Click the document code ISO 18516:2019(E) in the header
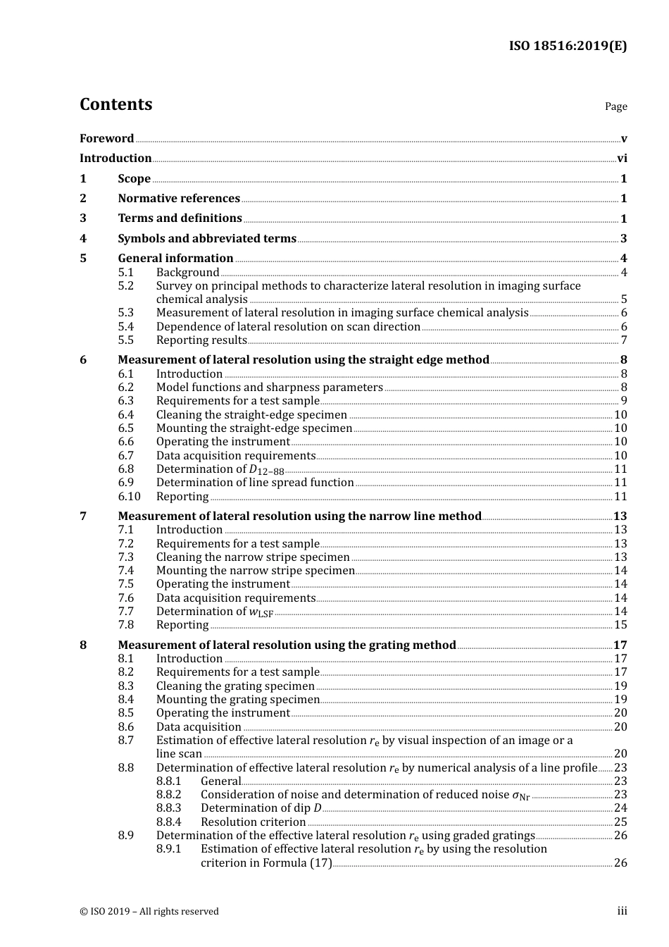click(x=568, y=46)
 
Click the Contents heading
click(x=115, y=104)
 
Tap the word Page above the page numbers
click(x=615, y=106)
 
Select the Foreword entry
click(x=106, y=139)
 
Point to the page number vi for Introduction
click(x=622, y=159)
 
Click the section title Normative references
click(x=179, y=199)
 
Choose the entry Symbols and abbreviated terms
click(x=207, y=239)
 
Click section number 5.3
click(x=126, y=313)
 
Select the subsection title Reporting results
click(x=201, y=340)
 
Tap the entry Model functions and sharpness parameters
click(x=270, y=388)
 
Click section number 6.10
click(x=129, y=497)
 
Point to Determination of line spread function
click(x=255, y=483)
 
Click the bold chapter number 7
click(x=83, y=516)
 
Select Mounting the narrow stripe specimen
click(x=256, y=571)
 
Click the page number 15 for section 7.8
click(x=620, y=625)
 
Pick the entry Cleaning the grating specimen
click(x=235, y=686)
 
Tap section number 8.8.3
click(x=168, y=808)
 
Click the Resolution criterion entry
click(x=253, y=822)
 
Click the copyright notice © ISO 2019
click(x=149, y=912)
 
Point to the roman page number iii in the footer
click(x=622, y=911)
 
